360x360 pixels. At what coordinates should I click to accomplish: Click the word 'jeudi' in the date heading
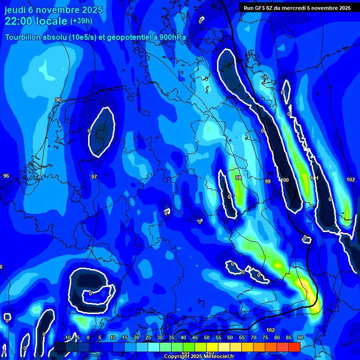(15, 9)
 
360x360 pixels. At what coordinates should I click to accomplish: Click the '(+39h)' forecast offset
(81, 21)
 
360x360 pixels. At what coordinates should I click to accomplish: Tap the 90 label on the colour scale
(300, 337)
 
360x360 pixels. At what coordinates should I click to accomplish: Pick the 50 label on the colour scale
(206, 337)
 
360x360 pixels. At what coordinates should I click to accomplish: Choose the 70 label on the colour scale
(253, 337)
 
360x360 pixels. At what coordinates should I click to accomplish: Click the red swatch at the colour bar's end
(294, 347)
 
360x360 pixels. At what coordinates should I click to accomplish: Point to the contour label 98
(239, 178)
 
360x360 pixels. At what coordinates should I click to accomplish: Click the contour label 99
(267, 181)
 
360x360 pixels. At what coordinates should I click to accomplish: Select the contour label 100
(285, 180)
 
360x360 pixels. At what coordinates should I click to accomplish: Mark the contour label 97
(94, 177)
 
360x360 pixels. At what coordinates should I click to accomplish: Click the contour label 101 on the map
(314, 178)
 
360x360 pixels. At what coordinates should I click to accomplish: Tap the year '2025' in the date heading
(80, 9)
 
